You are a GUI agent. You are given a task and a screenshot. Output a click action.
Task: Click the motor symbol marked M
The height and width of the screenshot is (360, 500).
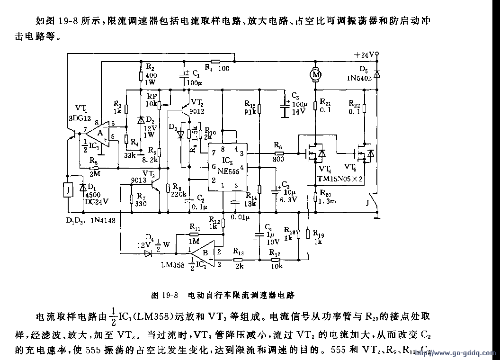click(x=315, y=74)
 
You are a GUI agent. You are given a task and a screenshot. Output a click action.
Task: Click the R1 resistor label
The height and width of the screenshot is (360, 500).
click(x=209, y=68)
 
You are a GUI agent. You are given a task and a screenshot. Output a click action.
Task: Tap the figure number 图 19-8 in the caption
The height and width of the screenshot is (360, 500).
click(x=164, y=295)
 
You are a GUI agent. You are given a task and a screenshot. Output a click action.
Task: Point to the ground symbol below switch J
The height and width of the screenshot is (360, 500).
click(x=377, y=217)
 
